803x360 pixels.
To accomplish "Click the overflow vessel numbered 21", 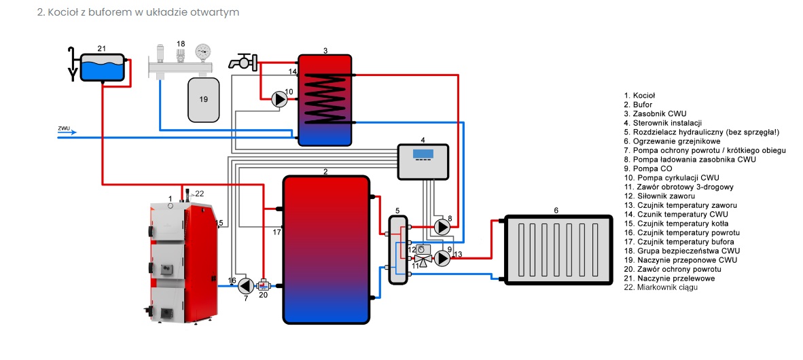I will (102, 67).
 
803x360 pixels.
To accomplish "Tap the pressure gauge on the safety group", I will (202, 52).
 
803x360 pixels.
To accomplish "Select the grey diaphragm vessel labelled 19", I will (203, 99).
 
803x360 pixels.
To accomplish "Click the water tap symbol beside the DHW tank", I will (241, 62).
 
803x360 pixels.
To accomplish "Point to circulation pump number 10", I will (279, 99).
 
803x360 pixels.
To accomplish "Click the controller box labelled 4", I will (423, 162).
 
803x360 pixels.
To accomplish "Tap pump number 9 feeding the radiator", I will (442, 258).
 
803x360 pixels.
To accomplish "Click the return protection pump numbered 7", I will (247, 285).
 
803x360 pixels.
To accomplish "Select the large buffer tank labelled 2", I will (326, 249).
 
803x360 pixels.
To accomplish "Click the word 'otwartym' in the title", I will (220, 13).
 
